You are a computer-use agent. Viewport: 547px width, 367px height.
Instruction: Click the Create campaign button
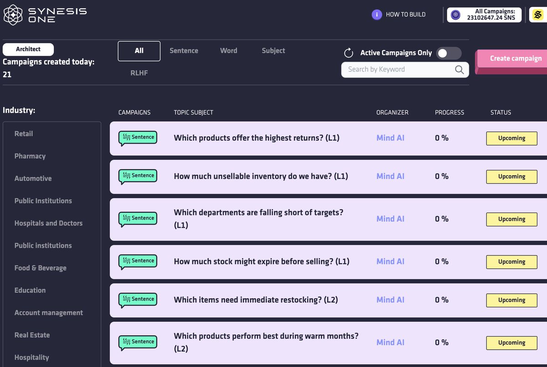(x=515, y=59)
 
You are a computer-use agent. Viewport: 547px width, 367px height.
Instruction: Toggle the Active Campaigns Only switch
(x=449, y=53)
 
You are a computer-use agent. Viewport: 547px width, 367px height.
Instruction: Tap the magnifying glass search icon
(x=459, y=70)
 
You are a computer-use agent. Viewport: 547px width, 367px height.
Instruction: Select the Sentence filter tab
(x=184, y=51)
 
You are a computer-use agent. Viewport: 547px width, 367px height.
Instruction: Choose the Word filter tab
(x=228, y=51)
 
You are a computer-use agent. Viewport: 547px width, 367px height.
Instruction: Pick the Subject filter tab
(x=273, y=51)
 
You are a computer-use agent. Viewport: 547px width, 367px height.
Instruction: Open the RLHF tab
(x=139, y=73)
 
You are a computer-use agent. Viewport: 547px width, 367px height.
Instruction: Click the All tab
(x=139, y=51)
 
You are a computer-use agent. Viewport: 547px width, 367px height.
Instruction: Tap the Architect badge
(x=28, y=49)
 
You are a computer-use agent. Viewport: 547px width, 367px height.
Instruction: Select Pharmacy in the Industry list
(x=30, y=156)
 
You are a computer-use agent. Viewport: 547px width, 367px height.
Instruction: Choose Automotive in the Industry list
(x=33, y=178)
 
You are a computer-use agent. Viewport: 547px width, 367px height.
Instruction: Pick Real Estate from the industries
(x=32, y=335)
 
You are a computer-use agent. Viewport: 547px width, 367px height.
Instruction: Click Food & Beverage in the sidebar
(x=40, y=268)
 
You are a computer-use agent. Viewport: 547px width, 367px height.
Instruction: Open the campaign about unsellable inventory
(x=261, y=176)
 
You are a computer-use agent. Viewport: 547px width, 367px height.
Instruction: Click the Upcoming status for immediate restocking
(x=511, y=300)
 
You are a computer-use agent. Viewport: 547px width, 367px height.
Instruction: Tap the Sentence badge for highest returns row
(x=138, y=138)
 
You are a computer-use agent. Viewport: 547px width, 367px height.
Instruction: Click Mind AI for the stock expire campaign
(x=390, y=261)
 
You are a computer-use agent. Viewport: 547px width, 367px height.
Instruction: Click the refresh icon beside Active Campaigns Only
(x=349, y=53)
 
